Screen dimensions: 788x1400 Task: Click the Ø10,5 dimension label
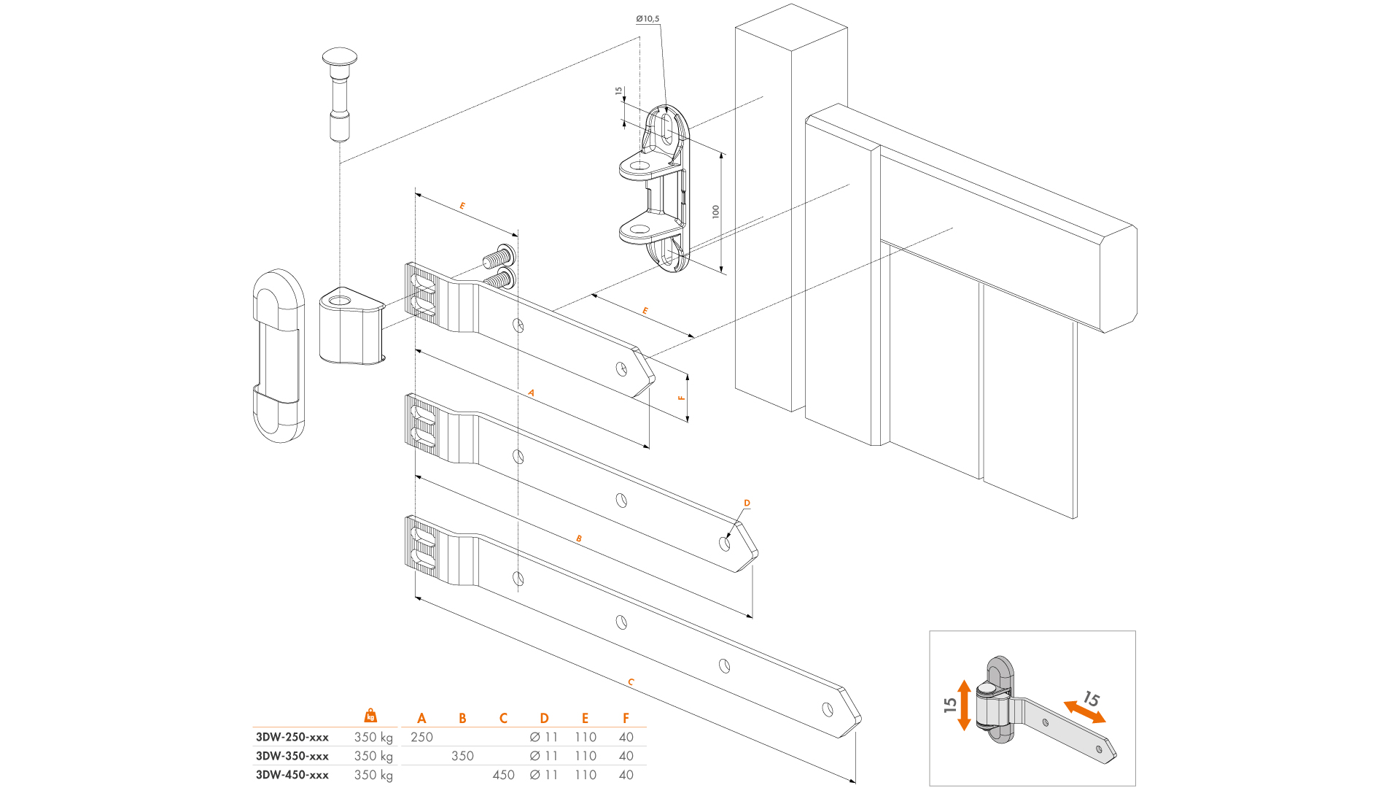647,19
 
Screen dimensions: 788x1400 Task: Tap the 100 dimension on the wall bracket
716,212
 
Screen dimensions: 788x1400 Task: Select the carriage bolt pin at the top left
340,93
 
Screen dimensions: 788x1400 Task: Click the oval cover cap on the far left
279,356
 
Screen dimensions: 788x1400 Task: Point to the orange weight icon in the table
370,715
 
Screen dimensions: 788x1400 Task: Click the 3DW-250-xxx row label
292,737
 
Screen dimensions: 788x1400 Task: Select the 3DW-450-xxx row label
292,775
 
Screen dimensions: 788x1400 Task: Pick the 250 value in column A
421,737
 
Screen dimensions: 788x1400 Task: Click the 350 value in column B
462,756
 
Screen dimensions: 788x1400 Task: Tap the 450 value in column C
503,775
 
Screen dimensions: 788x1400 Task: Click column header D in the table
544,719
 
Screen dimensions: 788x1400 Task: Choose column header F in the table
626,719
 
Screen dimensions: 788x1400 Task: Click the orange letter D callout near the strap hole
747,503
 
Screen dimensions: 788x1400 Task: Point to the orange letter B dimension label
579,539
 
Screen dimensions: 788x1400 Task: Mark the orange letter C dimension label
631,683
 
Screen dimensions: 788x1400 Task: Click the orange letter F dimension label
682,398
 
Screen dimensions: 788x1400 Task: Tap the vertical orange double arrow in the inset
964,705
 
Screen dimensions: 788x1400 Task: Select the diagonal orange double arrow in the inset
1084,712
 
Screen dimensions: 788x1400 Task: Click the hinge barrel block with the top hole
351,325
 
